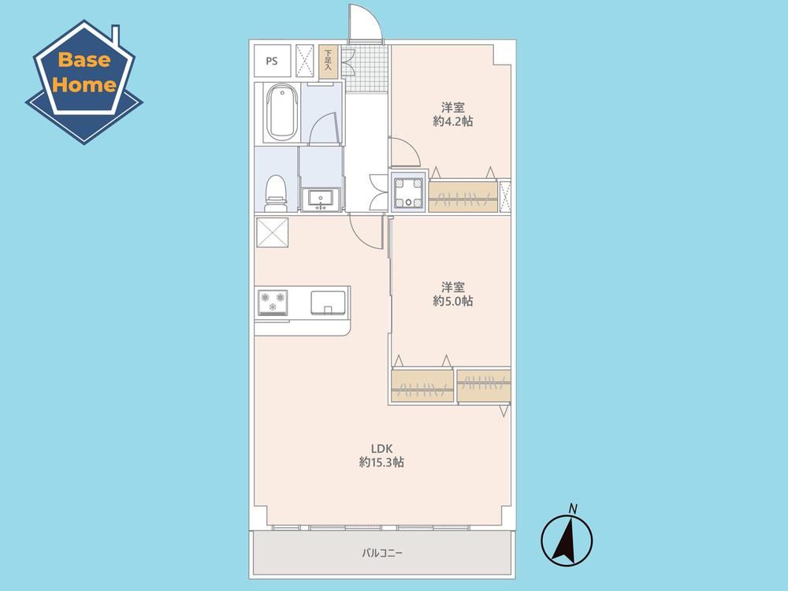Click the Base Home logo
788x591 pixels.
click(x=84, y=81)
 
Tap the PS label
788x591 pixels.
click(x=272, y=61)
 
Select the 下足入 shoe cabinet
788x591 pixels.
click(x=328, y=61)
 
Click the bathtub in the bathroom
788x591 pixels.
click(x=281, y=112)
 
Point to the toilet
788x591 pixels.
click(x=275, y=194)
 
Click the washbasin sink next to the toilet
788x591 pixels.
click(x=321, y=199)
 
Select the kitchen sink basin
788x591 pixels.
click(x=328, y=303)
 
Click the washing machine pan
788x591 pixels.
click(x=409, y=191)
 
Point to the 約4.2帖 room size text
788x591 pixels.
click(x=453, y=121)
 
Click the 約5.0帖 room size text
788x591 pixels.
click(x=453, y=301)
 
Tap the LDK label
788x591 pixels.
click(x=381, y=448)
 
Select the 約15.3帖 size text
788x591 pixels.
click(x=381, y=463)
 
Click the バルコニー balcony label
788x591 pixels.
click(x=382, y=553)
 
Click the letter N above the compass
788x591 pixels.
click(x=572, y=508)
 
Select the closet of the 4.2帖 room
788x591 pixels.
click(x=463, y=196)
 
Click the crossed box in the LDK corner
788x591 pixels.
click(x=273, y=232)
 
